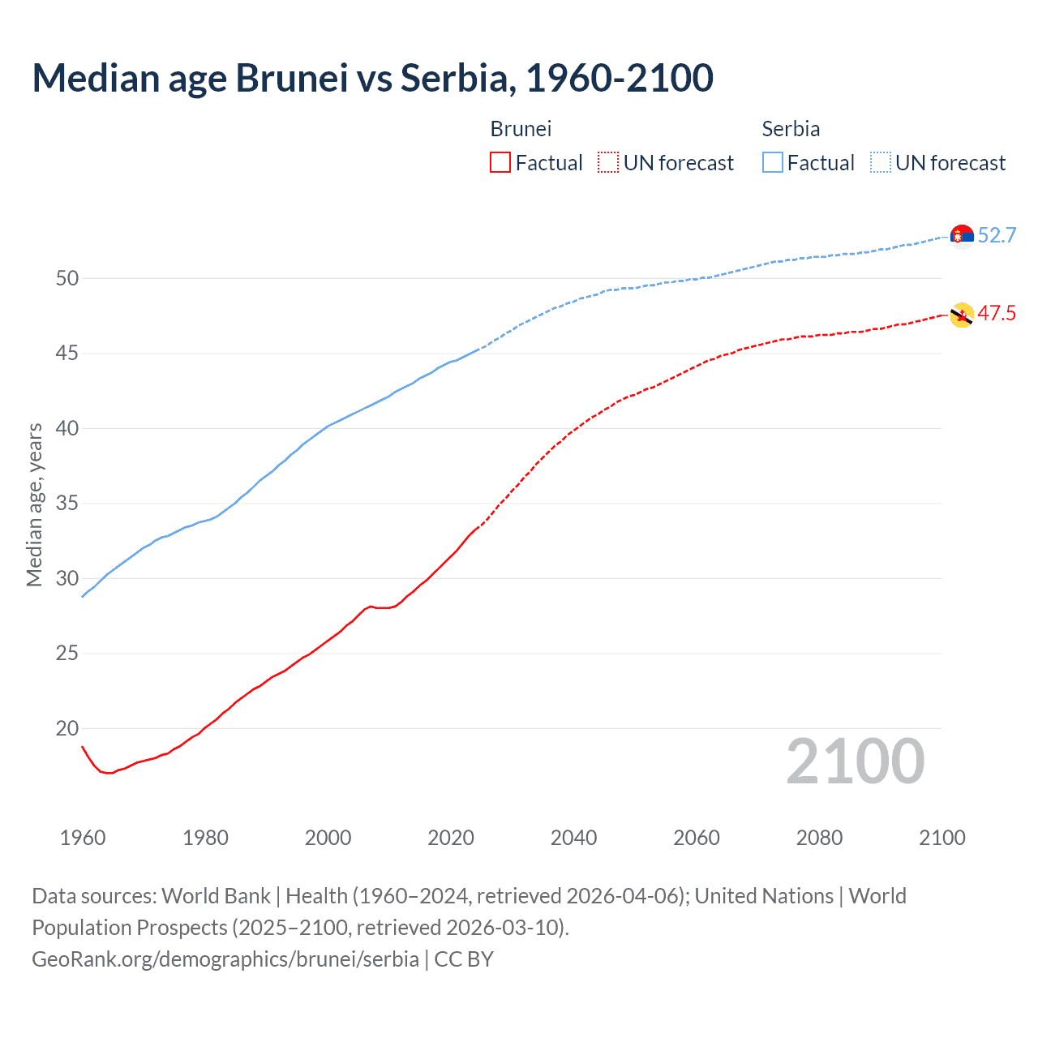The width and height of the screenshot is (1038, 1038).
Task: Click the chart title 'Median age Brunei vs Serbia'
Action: point(372,78)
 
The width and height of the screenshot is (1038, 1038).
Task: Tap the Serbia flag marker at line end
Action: point(962,236)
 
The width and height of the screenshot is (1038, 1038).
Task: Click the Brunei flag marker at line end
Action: point(962,315)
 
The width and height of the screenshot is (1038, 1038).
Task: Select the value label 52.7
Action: point(997,235)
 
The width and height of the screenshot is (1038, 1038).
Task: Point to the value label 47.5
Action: point(997,314)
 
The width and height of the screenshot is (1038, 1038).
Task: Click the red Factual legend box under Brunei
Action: point(500,163)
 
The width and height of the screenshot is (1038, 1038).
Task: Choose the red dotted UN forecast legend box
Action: point(608,163)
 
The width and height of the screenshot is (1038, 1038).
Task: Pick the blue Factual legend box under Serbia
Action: point(773,163)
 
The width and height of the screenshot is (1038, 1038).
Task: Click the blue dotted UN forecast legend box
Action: point(881,163)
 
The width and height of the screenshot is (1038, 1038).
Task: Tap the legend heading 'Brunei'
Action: point(521,129)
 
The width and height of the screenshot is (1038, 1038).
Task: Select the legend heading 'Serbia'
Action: point(791,129)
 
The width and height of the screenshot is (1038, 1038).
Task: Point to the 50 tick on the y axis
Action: point(67,278)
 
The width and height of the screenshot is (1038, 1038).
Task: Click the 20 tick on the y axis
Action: point(67,728)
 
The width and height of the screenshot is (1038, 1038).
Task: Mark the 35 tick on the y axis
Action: point(67,504)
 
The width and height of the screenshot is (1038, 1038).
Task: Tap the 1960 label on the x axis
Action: point(83,838)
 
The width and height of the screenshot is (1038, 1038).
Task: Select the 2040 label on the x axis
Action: point(573,838)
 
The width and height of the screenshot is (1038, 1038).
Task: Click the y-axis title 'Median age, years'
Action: point(34,504)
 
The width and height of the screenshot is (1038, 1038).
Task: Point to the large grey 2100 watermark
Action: point(855,761)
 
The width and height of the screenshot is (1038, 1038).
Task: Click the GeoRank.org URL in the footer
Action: point(225,959)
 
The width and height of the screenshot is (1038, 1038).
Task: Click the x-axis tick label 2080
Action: point(819,838)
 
